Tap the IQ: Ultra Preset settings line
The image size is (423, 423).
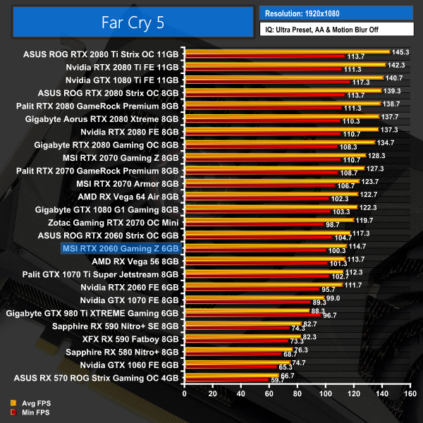[x=331, y=30]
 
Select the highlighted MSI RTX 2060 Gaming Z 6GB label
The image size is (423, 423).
[x=121, y=248]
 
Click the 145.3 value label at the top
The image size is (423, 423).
[x=400, y=51]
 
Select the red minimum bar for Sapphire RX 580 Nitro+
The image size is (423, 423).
[x=232, y=354]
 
